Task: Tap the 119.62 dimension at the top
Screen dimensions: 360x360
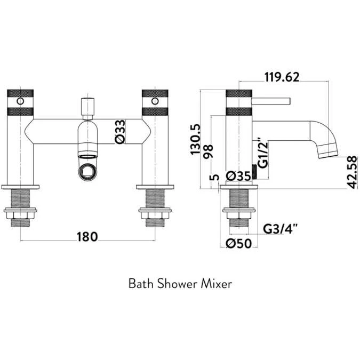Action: click(x=282, y=77)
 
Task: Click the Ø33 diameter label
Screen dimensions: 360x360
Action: click(x=121, y=132)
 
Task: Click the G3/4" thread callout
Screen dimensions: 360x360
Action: click(x=281, y=229)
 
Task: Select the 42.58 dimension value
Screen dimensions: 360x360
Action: click(x=351, y=172)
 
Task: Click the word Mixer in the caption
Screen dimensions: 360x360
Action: click(x=216, y=284)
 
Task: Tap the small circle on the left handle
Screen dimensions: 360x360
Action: click(x=20, y=101)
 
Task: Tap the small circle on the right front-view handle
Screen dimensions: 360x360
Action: click(x=154, y=101)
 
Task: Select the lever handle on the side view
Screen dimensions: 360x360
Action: click(x=272, y=101)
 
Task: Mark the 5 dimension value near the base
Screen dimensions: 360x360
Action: click(x=214, y=177)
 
